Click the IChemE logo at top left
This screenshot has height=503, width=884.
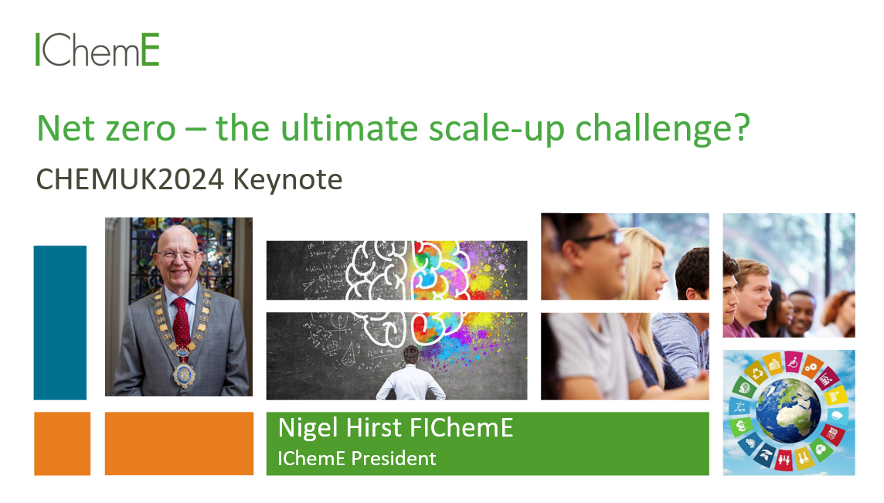click(x=97, y=49)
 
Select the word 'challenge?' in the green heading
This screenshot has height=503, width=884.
click(x=662, y=129)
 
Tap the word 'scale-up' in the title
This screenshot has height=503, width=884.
click(x=497, y=129)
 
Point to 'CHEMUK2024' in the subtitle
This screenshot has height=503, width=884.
click(x=131, y=180)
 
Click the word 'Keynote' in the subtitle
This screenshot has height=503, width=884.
click(x=287, y=180)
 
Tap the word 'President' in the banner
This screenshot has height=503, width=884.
click(x=393, y=458)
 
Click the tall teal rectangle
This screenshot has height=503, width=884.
click(x=60, y=322)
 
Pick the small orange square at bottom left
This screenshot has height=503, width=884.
click(x=62, y=444)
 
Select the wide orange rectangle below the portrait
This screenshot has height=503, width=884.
click(x=179, y=444)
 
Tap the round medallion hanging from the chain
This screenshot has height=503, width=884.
click(x=184, y=374)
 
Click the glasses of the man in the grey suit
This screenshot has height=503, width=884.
click(x=178, y=255)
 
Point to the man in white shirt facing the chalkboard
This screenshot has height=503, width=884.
click(x=411, y=375)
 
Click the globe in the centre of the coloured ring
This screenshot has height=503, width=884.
click(x=788, y=410)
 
